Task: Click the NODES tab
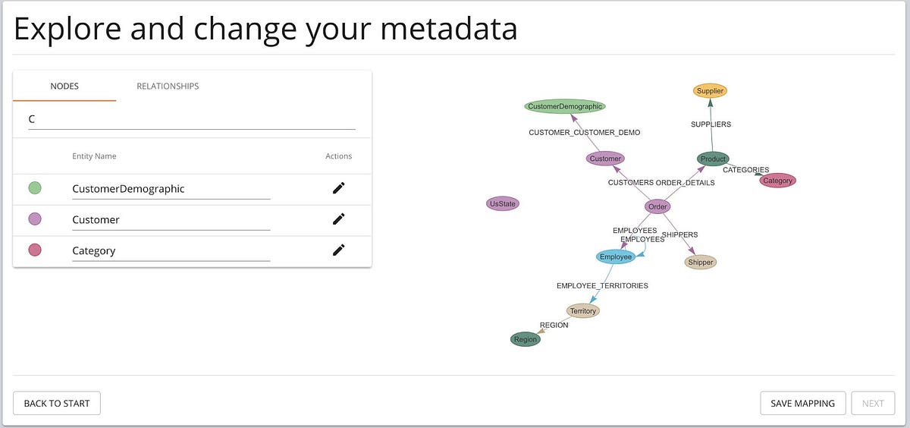(x=64, y=87)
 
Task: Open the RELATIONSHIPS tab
(x=168, y=87)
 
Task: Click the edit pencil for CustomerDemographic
(x=339, y=188)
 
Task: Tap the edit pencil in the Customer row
(x=339, y=219)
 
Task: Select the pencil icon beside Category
(x=339, y=250)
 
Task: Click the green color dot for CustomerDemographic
(x=34, y=188)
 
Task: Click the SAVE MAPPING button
(x=802, y=403)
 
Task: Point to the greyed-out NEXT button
(x=873, y=403)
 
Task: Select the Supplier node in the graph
(x=711, y=91)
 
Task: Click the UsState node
(x=503, y=203)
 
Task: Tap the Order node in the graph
(x=657, y=206)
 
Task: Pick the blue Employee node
(x=615, y=256)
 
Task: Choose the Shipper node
(x=700, y=262)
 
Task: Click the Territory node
(x=582, y=310)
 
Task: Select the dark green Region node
(x=525, y=339)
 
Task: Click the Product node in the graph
(x=713, y=159)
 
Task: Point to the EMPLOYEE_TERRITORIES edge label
(x=602, y=286)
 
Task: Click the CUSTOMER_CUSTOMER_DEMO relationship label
(x=584, y=133)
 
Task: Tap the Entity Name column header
(x=94, y=156)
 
